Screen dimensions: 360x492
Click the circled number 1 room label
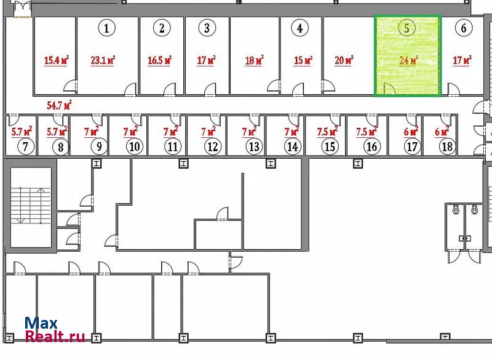(107, 28)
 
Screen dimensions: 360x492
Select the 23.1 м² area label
(103, 60)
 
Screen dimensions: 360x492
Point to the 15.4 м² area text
(56, 60)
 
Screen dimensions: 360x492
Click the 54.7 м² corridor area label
(59, 105)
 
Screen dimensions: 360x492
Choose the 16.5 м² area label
(159, 60)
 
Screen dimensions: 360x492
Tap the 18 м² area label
(254, 60)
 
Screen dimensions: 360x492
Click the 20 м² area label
(344, 60)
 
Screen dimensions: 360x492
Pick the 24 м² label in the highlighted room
(408, 60)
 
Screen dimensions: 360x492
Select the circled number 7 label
(25, 147)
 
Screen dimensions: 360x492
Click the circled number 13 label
(253, 147)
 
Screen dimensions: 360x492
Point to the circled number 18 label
(447, 147)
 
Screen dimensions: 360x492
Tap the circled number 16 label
(371, 147)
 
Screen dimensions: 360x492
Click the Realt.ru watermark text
(55, 336)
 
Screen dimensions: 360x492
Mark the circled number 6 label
(464, 28)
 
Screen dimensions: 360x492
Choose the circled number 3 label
(207, 28)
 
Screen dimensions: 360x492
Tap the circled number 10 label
(134, 147)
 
